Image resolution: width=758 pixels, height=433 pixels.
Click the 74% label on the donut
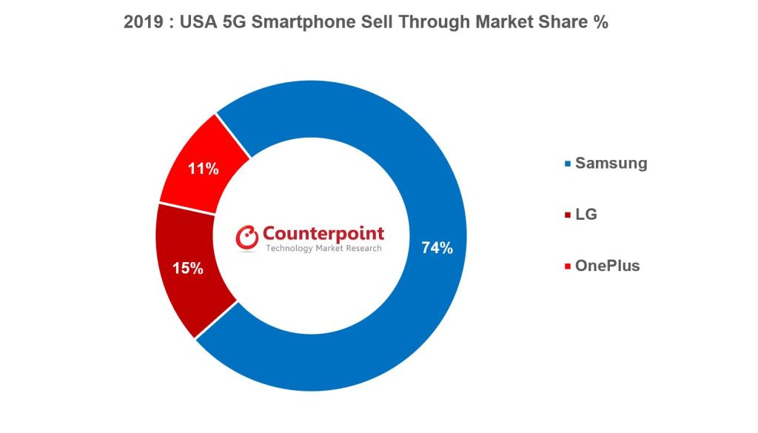437,248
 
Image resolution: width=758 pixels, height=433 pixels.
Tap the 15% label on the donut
188,268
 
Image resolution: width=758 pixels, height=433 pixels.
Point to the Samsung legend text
611,164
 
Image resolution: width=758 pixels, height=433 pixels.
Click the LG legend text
586,215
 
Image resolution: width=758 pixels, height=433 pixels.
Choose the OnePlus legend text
607,266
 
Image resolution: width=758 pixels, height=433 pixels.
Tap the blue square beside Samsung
568,164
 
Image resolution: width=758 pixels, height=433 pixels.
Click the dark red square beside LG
568,215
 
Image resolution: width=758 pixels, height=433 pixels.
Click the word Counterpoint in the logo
323,234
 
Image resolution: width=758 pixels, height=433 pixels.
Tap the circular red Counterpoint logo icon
247,237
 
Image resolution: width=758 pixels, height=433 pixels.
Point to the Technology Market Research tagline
323,249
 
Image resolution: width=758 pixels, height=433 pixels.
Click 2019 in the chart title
141,23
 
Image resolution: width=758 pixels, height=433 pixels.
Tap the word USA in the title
198,23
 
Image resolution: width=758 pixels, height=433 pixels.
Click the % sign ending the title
601,23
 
